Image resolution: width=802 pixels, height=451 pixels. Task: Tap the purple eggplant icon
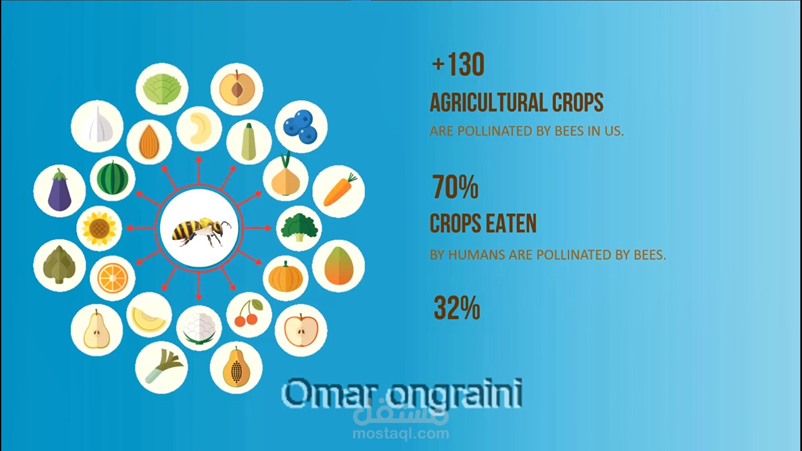pyautogui.click(x=60, y=190)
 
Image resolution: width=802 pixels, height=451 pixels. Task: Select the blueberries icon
pyautogui.click(x=301, y=126)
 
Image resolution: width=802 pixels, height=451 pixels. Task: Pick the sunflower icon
pyautogui.click(x=99, y=228)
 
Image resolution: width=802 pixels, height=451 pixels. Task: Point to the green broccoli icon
pyautogui.click(x=299, y=228)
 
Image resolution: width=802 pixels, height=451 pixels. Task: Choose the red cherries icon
pyautogui.click(x=249, y=313)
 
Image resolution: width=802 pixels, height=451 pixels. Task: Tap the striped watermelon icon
pyautogui.click(x=112, y=178)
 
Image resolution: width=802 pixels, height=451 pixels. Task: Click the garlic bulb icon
pyautogui.click(x=97, y=125)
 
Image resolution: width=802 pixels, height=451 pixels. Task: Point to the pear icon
pyautogui.click(x=97, y=329)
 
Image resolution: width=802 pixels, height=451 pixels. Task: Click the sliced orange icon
pyautogui.click(x=112, y=279)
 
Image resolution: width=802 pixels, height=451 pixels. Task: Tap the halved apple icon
pyautogui.click(x=301, y=330)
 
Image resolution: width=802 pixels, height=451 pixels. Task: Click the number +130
pyautogui.click(x=458, y=65)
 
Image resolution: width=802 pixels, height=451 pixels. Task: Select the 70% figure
pyautogui.click(x=455, y=187)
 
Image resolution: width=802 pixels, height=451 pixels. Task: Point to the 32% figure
pyautogui.click(x=457, y=308)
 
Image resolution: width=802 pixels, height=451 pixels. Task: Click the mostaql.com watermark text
pyautogui.click(x=401, y=433)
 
